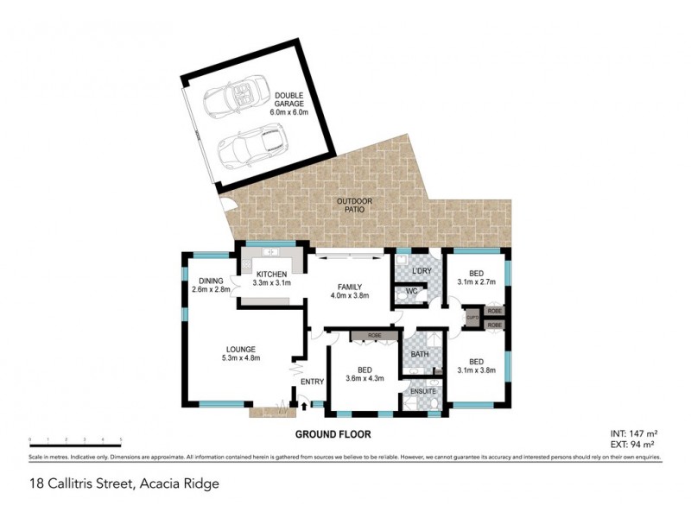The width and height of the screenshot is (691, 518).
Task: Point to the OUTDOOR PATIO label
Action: point(355,205)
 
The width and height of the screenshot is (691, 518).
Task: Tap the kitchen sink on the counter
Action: point(270,252)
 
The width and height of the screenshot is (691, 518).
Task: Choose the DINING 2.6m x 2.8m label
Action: point(211,285)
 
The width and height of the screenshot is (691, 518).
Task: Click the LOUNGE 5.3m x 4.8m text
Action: point(241,353)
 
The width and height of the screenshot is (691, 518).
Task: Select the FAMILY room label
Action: point(350,290)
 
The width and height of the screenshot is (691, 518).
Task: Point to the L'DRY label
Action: point(422,271)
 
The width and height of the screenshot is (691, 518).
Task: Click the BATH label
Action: point(421,354)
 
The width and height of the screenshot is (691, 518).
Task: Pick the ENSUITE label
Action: point(422,391)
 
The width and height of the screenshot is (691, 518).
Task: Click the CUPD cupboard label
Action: point(472,318)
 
